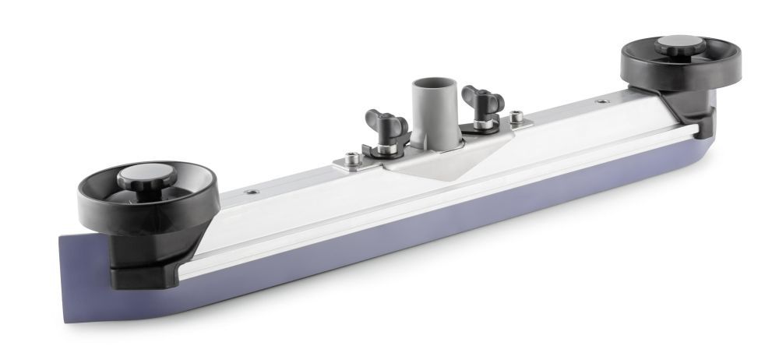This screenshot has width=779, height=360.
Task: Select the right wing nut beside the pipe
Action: tap(476, 99)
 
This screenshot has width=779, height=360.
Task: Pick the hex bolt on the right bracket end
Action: tap(515, 118)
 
